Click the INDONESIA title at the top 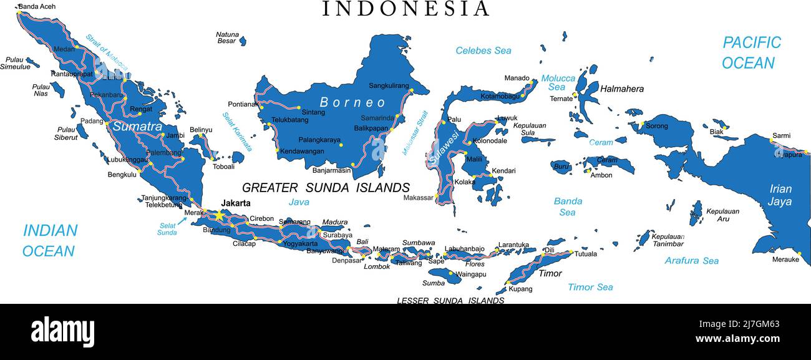point(405,9)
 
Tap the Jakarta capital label point(236,203)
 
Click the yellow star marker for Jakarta point(220,215)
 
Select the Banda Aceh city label point(37,7)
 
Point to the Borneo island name point(353,102)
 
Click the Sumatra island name point(137,126)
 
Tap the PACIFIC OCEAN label point(750,52)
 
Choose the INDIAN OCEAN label point(50,240)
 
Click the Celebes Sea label point(483,51)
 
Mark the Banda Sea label point(568,207)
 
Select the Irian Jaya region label point(780,195)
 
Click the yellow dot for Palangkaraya point(341,145)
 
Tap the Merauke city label point(785,260)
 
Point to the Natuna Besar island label point(227,37)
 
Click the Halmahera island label point(621,89)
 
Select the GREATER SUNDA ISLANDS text point(326,188)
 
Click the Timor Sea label point(590,287)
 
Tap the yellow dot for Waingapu point(451,273)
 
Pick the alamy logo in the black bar point(62,331)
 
